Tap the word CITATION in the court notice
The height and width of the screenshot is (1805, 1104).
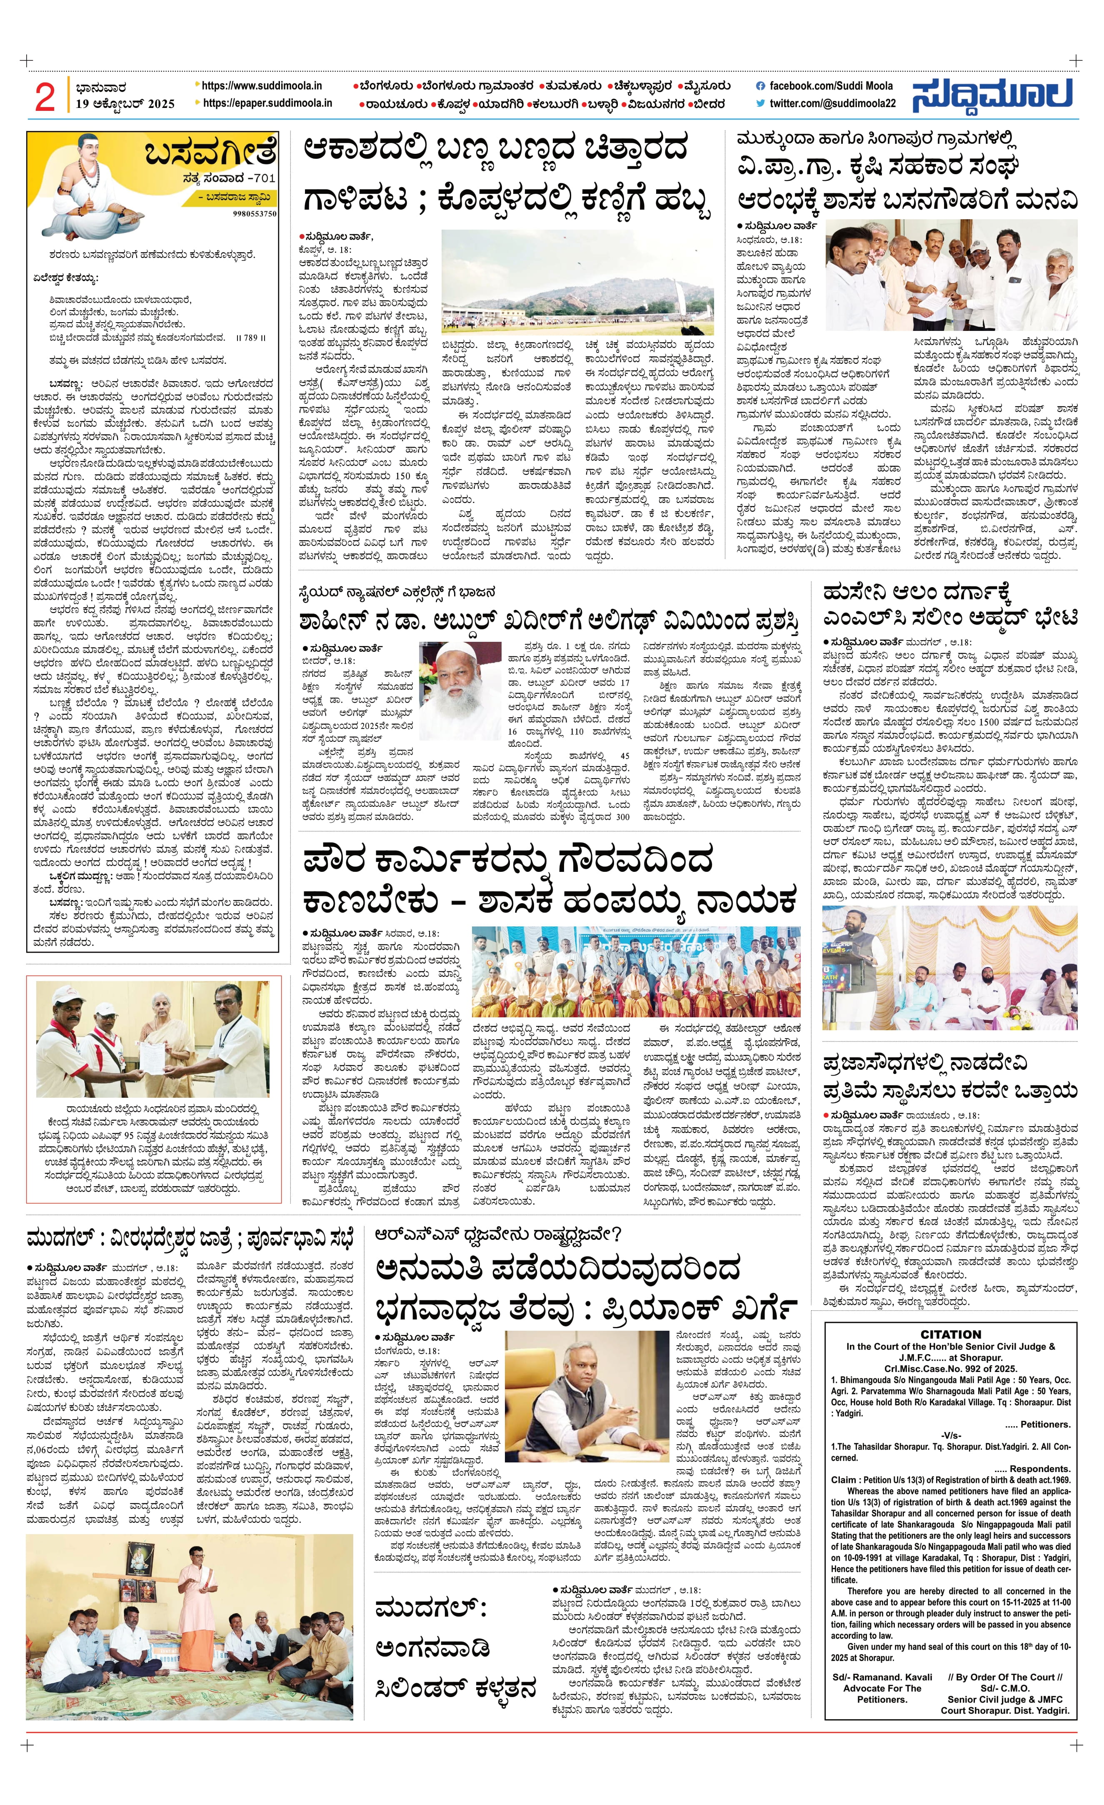click(x=950, y=1335)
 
